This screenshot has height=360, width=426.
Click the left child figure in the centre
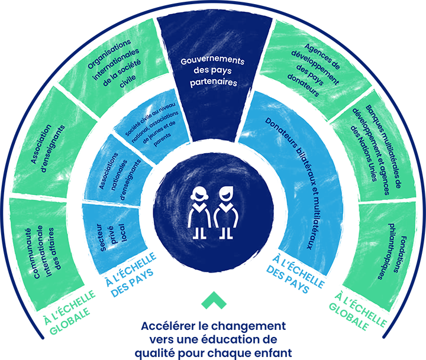[x=198, y=213]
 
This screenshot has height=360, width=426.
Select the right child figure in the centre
[x=227, y=213]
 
